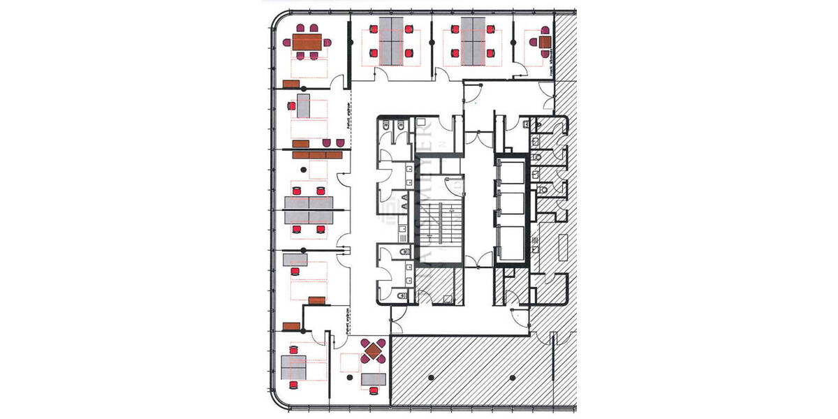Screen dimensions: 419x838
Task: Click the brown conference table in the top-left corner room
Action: [307, 43]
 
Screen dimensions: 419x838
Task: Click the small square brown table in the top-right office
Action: [545, 43]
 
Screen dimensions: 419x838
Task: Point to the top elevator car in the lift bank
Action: [512, 172]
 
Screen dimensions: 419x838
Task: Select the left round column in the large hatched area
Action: [430, 378]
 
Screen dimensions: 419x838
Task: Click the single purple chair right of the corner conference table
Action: [327, 43]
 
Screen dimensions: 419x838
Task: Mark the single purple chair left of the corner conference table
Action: [286, 43]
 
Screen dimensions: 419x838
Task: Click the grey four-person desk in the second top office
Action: [391, 43]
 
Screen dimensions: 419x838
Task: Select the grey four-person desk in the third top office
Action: [473, 43]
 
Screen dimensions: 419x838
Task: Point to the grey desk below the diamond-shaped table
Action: [374, 379]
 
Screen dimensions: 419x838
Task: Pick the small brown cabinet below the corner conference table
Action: [291, 84]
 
